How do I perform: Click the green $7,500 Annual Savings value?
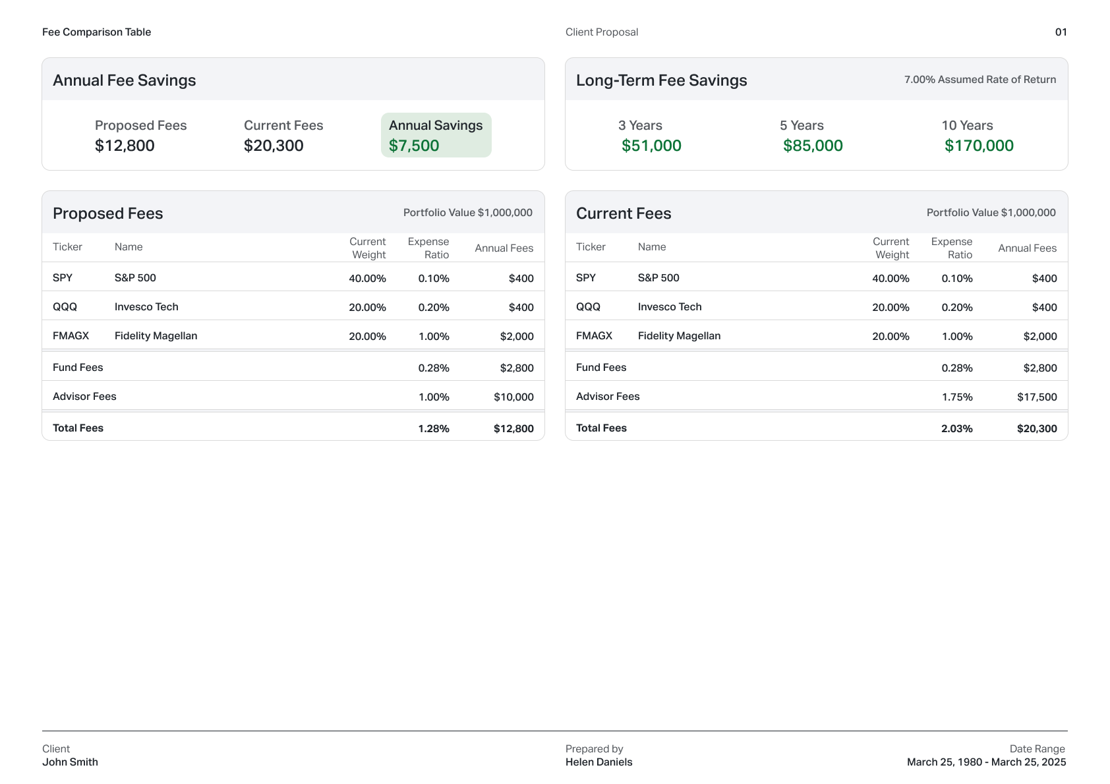point(414,146)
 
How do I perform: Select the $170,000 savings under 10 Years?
point(979,146)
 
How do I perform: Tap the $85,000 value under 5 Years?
point(813,146)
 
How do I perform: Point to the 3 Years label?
point(640,125)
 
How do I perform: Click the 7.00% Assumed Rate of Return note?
point(979,80)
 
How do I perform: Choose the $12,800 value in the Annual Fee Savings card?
point(125,146)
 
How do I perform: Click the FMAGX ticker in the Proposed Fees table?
point(71,336)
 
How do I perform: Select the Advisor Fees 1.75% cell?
point(956,397)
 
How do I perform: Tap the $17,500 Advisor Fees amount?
point(1036,397)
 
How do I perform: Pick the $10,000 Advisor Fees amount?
point(513,397)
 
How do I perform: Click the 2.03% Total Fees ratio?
point(956,429)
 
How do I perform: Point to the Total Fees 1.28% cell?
point(433,429)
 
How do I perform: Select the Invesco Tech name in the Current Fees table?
point(669,307)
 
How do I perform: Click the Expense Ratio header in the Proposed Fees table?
point(428,248)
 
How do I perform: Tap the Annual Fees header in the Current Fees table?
point(1027,248)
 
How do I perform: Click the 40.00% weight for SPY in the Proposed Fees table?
point(367,279)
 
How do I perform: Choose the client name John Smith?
point(70,762)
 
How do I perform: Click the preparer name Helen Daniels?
point(599,762)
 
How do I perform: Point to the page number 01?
point(1061,32)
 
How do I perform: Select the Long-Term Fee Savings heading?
point(661,80)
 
